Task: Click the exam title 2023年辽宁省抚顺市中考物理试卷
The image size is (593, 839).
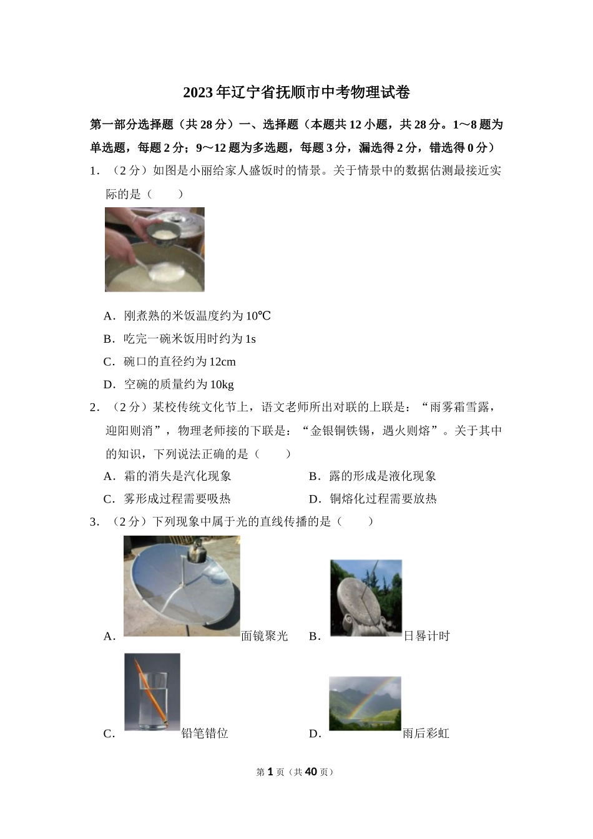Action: pos(296,92)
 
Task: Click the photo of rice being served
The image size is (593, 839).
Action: pos(154,250)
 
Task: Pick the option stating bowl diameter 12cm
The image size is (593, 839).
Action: pos(179,362)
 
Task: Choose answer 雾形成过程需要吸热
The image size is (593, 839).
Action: pos(177,499)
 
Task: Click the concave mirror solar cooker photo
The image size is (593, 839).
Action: pos(182,587)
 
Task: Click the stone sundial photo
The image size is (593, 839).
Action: pos(366,598)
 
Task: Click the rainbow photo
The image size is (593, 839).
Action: pos(365,704)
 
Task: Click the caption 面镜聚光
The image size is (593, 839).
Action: pos(265,636)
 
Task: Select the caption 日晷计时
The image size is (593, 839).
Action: pos(426,636)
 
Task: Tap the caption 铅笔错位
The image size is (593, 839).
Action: pos(205,734)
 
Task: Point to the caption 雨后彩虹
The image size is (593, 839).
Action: pos(426,734)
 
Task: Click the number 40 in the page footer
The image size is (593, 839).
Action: pos(310,772)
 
